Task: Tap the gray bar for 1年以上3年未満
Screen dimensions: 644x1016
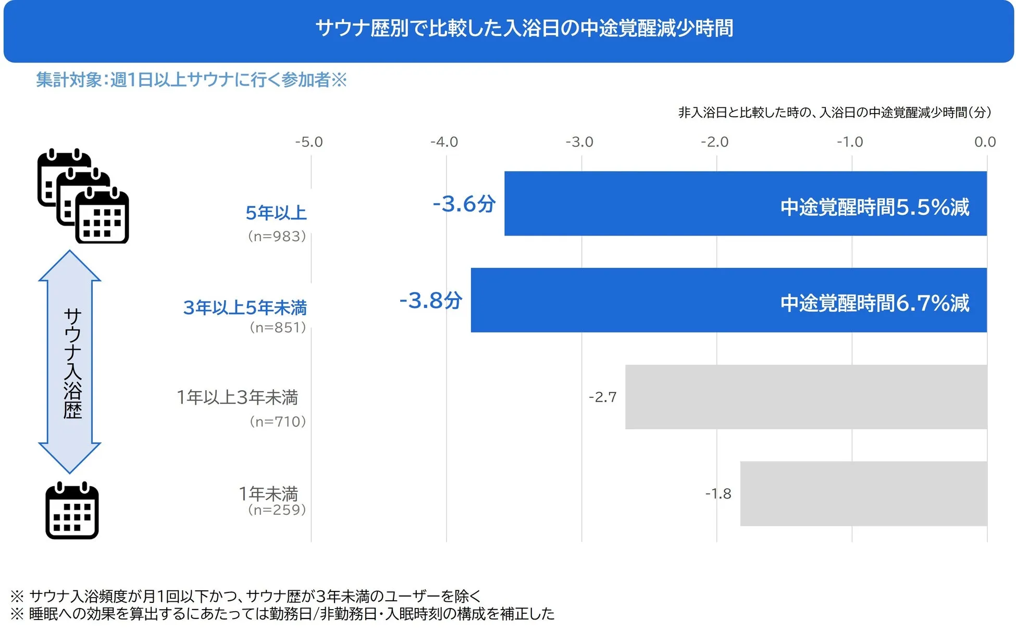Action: point(806,397)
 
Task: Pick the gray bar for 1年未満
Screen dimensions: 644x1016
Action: point(863,493)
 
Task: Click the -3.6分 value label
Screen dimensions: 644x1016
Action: point(464,204)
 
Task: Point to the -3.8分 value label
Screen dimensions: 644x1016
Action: point(430,301)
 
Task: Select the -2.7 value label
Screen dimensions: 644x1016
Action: point(602,397)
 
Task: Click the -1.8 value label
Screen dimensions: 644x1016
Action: point(718,494)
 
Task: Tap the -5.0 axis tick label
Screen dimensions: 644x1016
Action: point(309,142)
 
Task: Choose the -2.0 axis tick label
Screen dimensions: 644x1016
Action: point(714,142)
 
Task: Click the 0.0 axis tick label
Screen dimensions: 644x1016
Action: point(985,142)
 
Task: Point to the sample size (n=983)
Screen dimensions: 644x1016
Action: point(277,236)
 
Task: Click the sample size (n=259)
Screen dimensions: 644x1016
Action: point(277,510)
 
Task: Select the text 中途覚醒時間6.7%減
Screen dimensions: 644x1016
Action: point(874,303)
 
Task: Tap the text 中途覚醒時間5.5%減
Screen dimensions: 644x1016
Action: point(874,207)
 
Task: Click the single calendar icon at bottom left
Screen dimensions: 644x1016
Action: point(72,511)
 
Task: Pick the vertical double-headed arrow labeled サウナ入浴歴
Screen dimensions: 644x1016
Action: point(70,362)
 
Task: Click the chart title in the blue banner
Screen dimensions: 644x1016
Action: point(524,28)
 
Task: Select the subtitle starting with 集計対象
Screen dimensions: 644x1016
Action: point(191,80)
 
